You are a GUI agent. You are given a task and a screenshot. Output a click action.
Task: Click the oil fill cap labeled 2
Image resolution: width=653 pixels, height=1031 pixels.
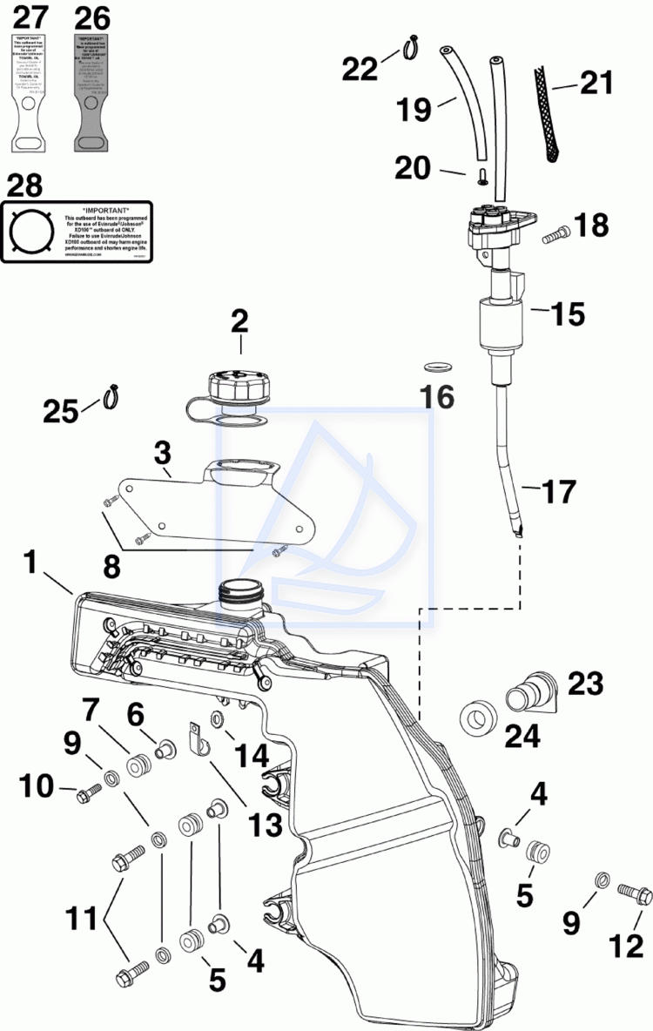(x=237, y=386)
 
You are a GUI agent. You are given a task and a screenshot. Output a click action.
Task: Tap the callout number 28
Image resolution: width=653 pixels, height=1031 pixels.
(x=24, y=185)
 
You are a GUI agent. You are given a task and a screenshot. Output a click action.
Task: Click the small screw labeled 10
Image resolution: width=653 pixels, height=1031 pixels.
(x=88, y=792)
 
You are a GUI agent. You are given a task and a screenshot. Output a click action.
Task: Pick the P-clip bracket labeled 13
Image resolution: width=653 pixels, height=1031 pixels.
(x=198, y=738)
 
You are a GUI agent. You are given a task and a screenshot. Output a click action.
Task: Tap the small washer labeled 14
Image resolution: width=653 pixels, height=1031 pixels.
(x=217, y=718)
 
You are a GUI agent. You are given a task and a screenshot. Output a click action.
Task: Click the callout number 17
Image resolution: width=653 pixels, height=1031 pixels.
(x=560, y=492)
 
